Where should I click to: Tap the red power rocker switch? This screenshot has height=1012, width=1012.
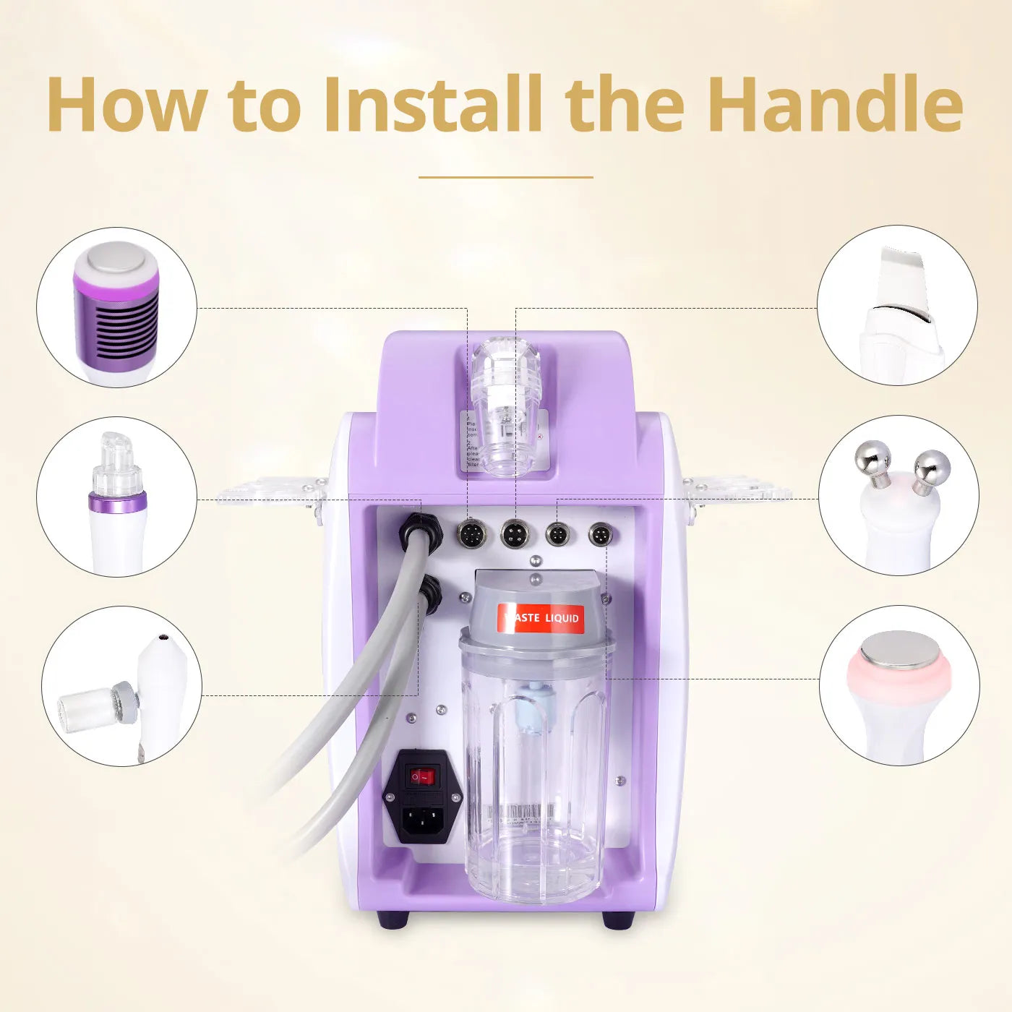(422, 777)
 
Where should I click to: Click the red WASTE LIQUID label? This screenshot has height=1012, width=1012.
(541, 618)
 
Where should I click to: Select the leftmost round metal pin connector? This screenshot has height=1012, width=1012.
(471, 536)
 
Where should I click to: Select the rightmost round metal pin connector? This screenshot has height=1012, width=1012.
(600, 536)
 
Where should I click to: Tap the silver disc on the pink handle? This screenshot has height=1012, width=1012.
(899, 650)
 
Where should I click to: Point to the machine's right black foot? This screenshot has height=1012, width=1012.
(618, 920)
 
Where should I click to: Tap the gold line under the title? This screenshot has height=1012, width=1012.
(506, 177)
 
